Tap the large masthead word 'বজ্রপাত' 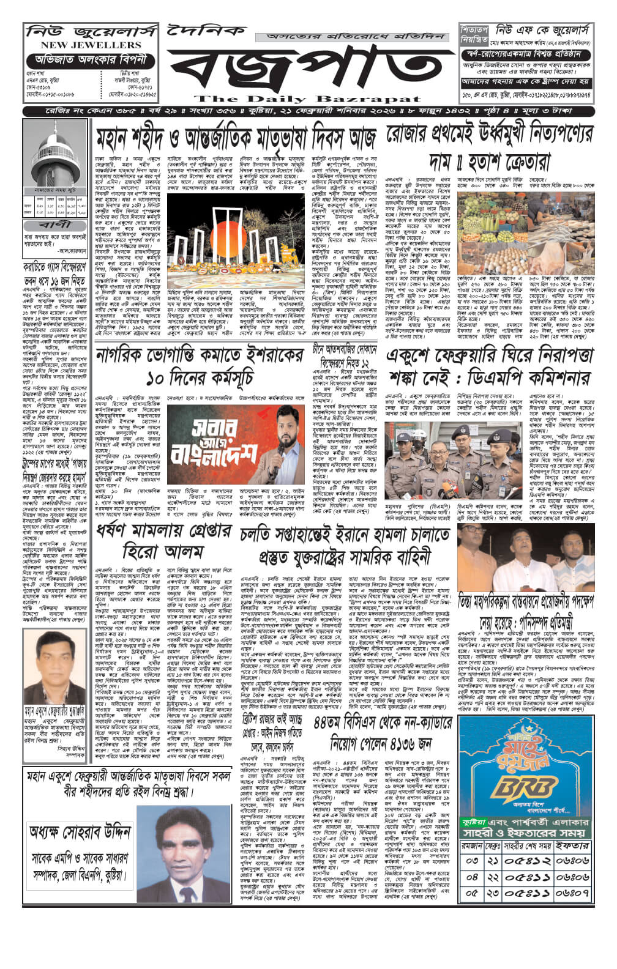pos(306,67)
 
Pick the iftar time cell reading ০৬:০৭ pos(573,893)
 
